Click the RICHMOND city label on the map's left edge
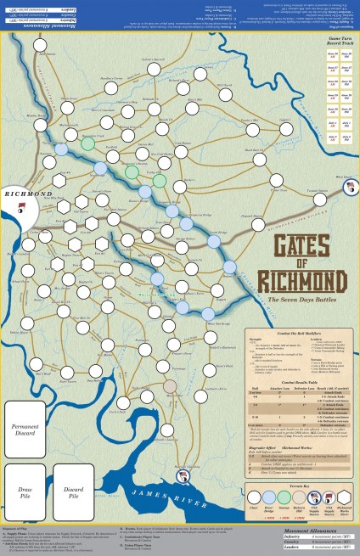click(25, 194)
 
